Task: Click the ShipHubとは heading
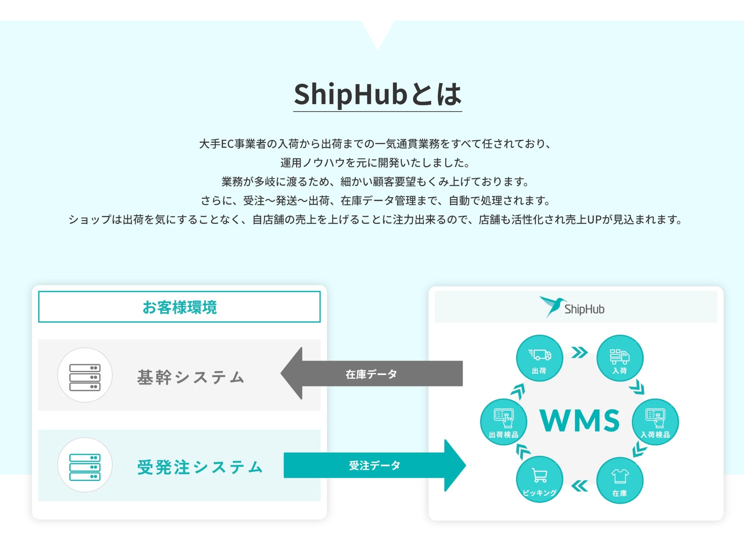coord(377,94)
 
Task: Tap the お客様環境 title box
coord(179,307)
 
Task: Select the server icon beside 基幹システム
coord(85,375)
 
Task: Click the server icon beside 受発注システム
coord(85,465)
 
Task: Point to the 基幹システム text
coord(191,377)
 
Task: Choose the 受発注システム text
coord(200,467)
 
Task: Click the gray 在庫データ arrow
coord(371,374)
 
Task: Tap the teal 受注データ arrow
coord(374,465)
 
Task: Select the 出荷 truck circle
coord(539,358)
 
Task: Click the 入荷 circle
coord(620,358)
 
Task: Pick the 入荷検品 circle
coord(655,422)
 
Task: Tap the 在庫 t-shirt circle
coord(620,481)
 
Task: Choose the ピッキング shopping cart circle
coord(539,479)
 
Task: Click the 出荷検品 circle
coord(503,422)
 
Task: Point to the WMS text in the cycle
coord(579,421)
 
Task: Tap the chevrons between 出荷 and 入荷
coord(579,353)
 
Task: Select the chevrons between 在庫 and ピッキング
coord(579,486)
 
